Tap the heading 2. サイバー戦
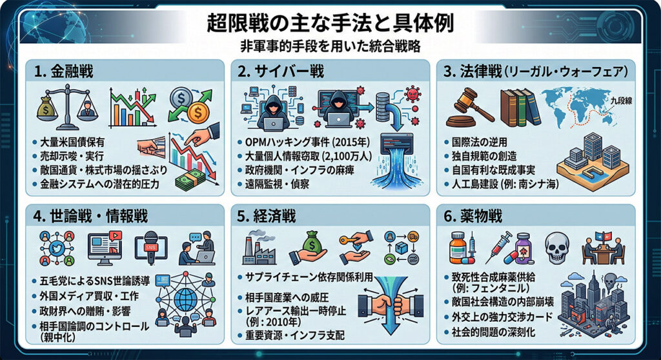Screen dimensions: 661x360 click(x=281, y=71)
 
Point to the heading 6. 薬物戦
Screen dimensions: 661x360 click(x=473, y=216)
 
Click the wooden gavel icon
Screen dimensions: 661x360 click(x=468, y=108)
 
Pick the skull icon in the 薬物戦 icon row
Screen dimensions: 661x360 click(x=557, y=248)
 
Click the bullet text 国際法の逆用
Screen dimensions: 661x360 click(x=480, y=142)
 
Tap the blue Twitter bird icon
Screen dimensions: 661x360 click(x=57, y=248)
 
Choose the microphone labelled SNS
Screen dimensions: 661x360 click(x=150, y=248)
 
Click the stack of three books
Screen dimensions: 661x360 click(x=520, y=107)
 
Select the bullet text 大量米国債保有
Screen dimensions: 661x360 click(x=72, y=142)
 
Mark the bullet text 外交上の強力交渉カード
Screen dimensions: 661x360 click(x=502, y=317)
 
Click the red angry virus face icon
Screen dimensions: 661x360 click(x=412, y=94)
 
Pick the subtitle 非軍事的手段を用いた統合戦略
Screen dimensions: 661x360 click(x=330, y=46)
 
